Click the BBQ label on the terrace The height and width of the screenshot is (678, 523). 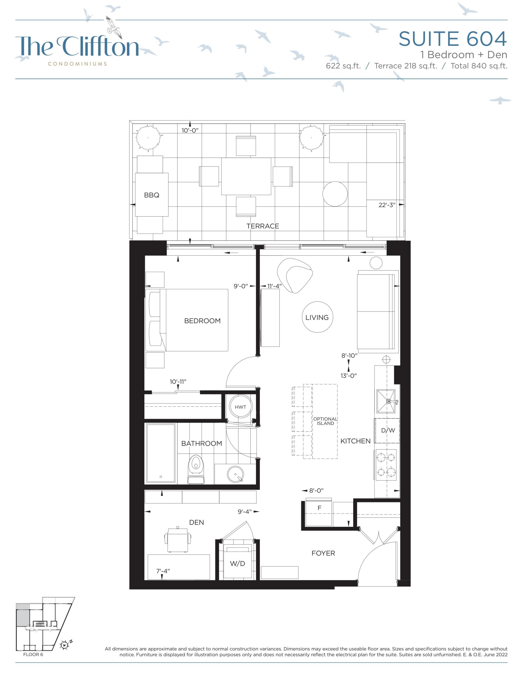pos(152,195)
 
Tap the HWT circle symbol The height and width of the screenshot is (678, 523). pos(241,407)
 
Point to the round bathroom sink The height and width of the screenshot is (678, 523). pos(235,474)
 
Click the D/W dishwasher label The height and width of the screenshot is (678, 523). pos(388,430)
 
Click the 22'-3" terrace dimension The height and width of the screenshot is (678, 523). pos(387,205)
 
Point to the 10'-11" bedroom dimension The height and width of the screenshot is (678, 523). pos(178,382)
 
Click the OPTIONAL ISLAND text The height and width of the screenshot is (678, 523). pos(325,421)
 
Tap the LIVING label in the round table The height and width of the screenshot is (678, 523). pos(317,317)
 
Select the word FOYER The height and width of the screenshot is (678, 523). pos(323,553)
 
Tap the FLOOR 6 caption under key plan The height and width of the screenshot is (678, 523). pos(33,654)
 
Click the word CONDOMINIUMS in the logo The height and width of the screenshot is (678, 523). pos(77,64)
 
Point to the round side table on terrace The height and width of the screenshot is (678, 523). pos(335,194)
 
